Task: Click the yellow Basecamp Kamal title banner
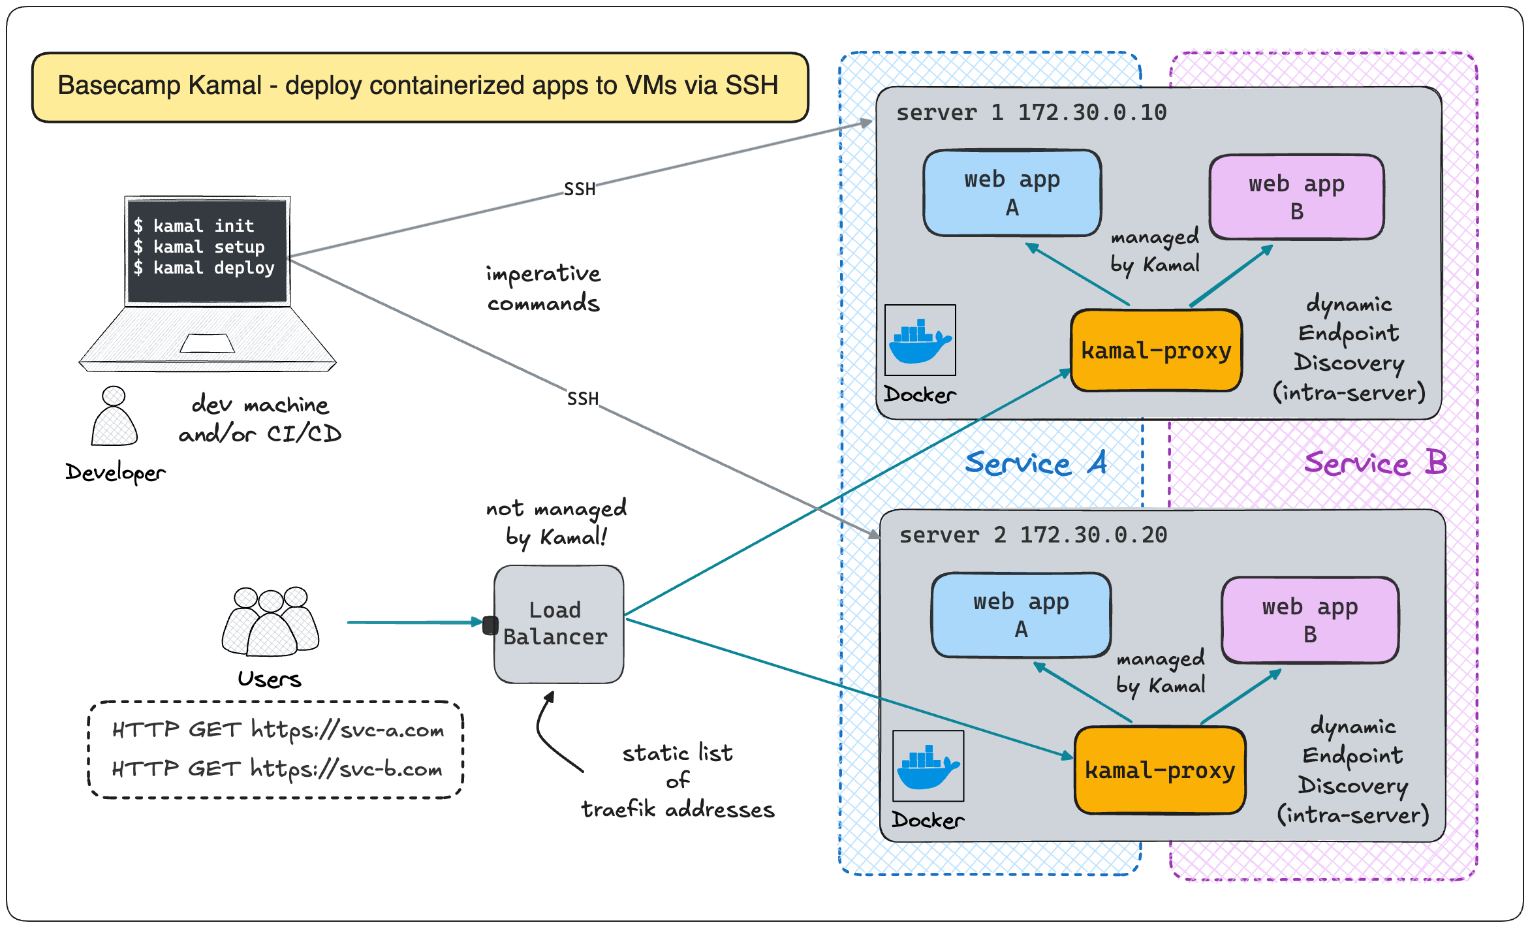tap(420, 87)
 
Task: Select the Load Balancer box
tap(559, 624)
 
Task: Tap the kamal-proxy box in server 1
tap(1156, 351)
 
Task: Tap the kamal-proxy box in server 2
tap(1160, 770)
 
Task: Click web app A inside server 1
tap(1012, 193)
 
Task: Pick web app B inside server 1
tap(1296, 197)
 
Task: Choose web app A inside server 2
tap(1022, 615)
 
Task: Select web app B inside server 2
tap(1310, 620)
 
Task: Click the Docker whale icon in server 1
tap(920, 340)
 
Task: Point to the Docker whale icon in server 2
tap(928, 766)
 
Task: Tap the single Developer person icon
tap(114, 416)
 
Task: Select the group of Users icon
tap(270, 621)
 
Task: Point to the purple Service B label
tap(1376, 463)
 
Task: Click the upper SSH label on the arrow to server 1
tap(580, 189)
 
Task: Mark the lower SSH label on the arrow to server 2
tap(583, 398)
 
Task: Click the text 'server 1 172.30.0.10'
tap(1031, 113)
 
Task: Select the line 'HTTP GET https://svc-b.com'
tap(277, 769)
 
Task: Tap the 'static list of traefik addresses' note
tap(678, 781)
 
